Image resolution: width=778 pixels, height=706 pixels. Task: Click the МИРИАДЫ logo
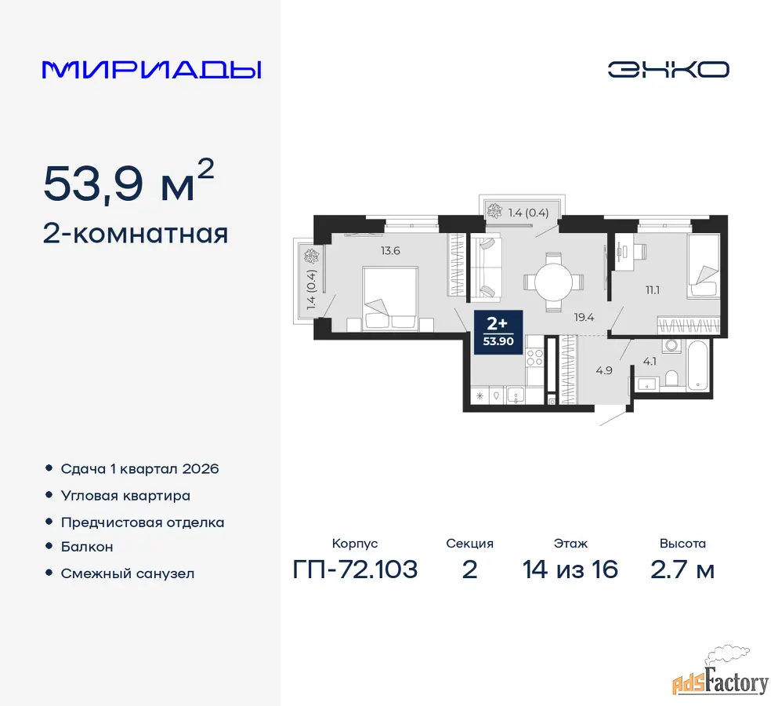151,70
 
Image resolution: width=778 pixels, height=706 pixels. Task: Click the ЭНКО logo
668,70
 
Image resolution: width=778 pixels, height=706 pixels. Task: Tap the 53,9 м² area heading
129,182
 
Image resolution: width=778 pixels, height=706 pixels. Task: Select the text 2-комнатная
136,234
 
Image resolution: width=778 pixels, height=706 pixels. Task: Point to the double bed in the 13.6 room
390,298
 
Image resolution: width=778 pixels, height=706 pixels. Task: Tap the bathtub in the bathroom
699,366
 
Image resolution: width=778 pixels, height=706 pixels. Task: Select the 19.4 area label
584,317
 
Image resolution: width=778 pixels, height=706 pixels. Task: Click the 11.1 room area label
653,290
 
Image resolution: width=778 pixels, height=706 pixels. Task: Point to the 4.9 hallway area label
604,370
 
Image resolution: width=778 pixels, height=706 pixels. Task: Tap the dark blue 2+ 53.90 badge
498,332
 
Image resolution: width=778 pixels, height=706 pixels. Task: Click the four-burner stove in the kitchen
534,358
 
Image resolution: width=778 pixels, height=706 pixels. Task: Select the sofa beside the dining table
486,269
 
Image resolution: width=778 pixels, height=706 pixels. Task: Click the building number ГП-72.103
355,570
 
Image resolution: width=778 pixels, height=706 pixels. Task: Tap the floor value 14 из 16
570,570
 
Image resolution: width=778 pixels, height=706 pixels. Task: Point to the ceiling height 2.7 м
682,570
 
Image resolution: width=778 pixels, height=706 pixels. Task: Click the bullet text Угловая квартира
125,496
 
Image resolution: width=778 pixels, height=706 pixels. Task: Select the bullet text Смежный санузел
128,573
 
